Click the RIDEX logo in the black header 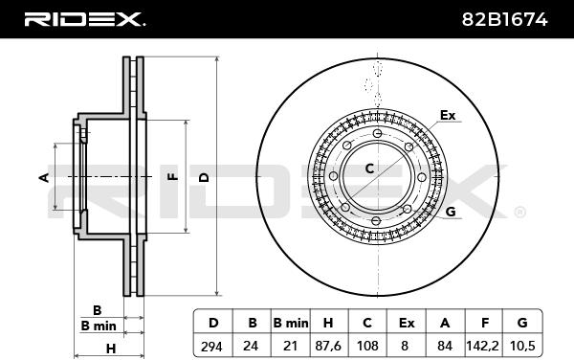85,19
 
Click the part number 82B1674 504,19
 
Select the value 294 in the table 211,346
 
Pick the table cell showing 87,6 328,346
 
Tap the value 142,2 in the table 482,346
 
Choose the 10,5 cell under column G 521,346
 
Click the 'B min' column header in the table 291,323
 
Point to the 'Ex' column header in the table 407,323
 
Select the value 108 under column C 367,346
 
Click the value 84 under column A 445,346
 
